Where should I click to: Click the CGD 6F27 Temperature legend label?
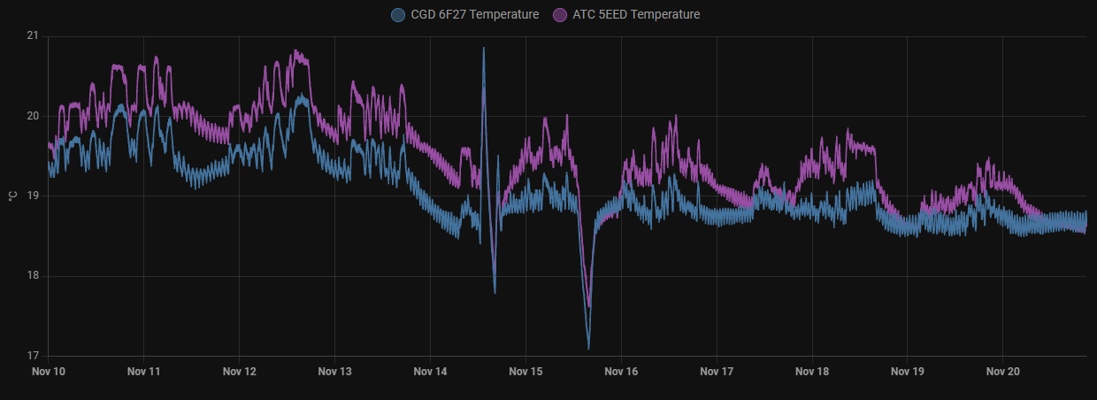[475, 14]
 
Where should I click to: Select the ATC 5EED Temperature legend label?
[636, 14]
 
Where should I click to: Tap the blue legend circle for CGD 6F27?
[398, 14]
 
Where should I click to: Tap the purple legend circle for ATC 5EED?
[560, 14]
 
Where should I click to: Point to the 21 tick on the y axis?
[33, 35]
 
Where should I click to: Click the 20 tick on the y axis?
[33, 116]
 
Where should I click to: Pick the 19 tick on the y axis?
[33, 196]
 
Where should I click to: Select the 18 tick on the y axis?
[33, 276]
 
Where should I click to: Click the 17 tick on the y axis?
[33, 356]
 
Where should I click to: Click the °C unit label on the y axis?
[12, 196]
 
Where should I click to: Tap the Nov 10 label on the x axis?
[48, 372]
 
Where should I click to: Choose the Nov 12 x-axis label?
[239, 372]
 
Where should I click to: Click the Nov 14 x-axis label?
[430, 372]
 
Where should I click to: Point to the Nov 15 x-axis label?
[525, 372]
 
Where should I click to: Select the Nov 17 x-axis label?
[717, 372]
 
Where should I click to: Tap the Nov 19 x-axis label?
[908, 372]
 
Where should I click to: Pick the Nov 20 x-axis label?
[1003, 372]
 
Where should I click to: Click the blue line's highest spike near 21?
[483, 49]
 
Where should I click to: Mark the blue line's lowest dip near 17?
[588, 348]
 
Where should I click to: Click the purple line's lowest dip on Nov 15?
[589, 305]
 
